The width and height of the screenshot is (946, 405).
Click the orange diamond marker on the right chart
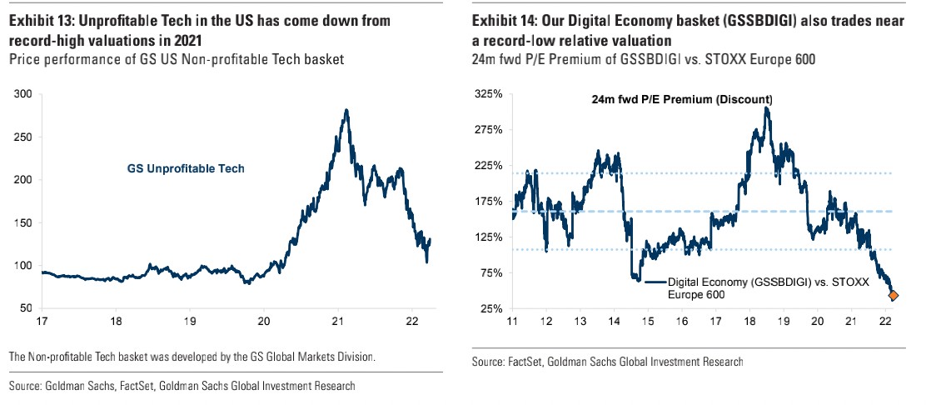click(x=894, y=295)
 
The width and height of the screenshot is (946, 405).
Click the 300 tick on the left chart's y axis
click(x=24, y=94)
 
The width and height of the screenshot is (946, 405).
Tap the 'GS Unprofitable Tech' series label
click(x=185, y=168)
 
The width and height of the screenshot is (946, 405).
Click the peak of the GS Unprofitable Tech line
click(x=346, y=110)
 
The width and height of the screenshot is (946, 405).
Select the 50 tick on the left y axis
click(x=27, y=308)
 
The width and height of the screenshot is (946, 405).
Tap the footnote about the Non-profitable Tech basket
click(x=192, y=357)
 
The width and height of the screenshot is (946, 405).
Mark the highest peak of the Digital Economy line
click(x=765, y=107)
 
